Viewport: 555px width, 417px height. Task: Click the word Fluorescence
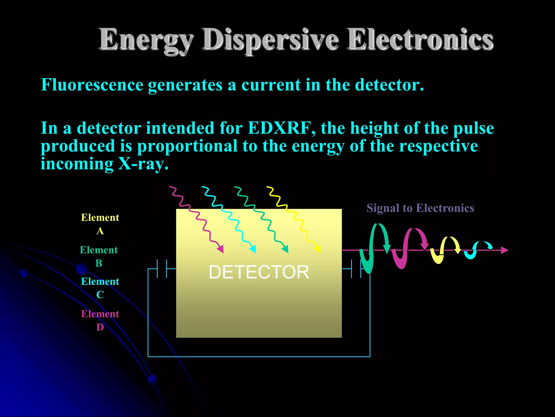click(92, 85)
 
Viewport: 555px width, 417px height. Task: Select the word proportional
click(187, 146)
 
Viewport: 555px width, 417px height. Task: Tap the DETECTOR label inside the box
click(259, 272)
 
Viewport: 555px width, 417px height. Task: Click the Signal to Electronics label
click(420, 208)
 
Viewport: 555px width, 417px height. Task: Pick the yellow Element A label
click(100, 224)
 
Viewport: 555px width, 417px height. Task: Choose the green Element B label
click(99, 256)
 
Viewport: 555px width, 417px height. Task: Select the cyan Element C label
click(100, 288)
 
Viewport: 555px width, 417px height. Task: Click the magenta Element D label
click(100, 320)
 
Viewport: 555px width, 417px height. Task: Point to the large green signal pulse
click(374, 247)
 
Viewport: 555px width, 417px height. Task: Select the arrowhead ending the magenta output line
click(504, 250)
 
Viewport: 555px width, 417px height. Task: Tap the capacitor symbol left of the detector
click(162, 269)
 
